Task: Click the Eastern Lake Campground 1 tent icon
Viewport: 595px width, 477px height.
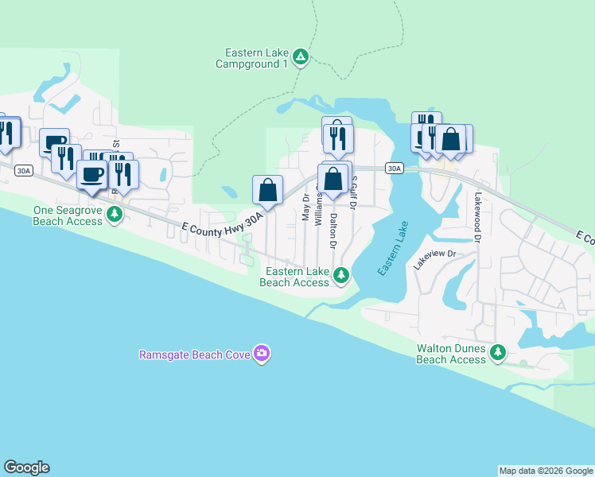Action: pos(301,56)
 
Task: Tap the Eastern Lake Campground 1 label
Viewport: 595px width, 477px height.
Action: pos(255,58)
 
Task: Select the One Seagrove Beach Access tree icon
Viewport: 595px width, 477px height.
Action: pos(115,213)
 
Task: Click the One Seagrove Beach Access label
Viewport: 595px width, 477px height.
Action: pos(68,215)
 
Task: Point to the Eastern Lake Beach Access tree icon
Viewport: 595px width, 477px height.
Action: pos(341,275)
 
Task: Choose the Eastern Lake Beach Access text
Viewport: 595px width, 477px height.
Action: pos(294,277)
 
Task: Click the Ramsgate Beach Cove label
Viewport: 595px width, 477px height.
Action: pos(195,354)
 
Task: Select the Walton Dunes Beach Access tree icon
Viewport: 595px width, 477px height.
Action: pos(498,351)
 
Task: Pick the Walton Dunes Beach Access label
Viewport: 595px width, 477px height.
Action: pos(451,354)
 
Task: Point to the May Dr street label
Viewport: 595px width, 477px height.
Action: pos(305,207)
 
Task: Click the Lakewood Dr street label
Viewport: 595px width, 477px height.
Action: pos(478,216)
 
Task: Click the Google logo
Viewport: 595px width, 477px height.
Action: pos(26,467)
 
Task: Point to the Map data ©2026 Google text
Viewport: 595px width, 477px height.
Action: pos(546,471)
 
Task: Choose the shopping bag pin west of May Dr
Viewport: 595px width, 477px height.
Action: pos(268,191)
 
